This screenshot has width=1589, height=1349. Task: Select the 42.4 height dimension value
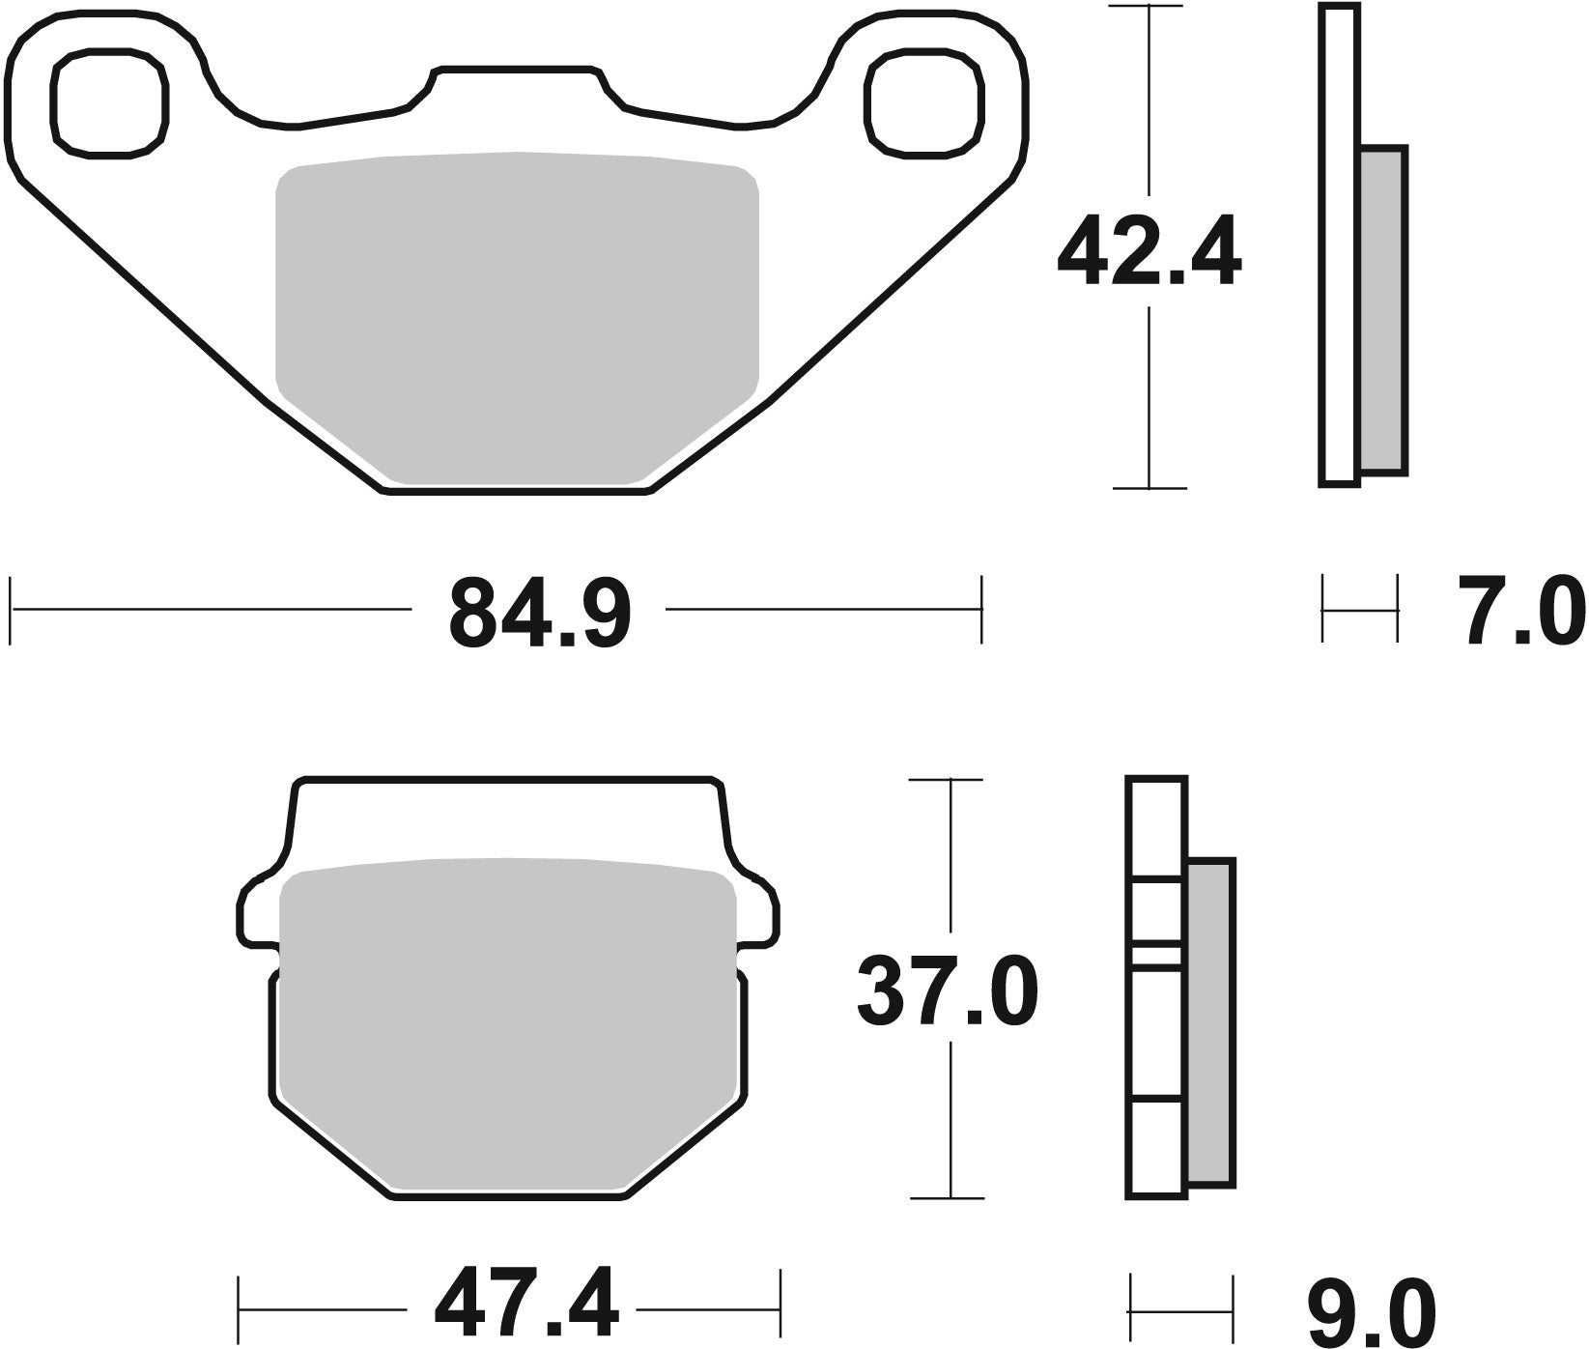[x=1148, y=252]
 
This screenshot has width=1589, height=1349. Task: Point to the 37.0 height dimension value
[x=948, y=991]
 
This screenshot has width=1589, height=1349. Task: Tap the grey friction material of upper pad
[x=517, y=319]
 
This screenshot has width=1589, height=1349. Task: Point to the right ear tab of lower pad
[x=758, y=908]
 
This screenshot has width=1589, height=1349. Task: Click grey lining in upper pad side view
[x=1382, y=309]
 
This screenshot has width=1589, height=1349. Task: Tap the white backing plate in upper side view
[x=1340, y=242]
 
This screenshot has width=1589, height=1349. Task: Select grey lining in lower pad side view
[x=1209, y=1022]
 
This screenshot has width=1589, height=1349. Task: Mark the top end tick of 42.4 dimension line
[x=1148, y=7]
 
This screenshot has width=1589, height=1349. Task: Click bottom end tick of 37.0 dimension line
[x=952, y=1198]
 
